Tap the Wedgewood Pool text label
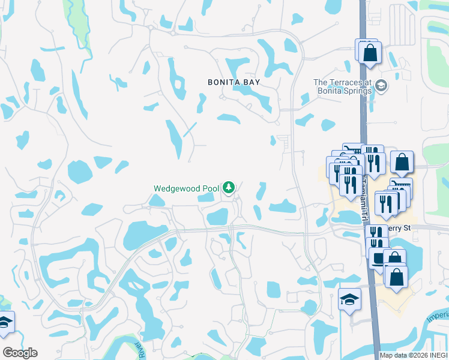(x=186, y=188)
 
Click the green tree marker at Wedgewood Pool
(x=228, y=188)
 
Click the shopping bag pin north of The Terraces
(x=370, y=52)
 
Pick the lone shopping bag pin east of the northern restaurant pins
(x=402, y=161)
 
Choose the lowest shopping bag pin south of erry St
(x=396, y=277)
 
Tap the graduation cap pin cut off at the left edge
(x=4, y=322)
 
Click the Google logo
(x=20, y=353)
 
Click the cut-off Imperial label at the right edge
(x=439, y=316)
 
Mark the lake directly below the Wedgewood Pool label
(x=216, y=216)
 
